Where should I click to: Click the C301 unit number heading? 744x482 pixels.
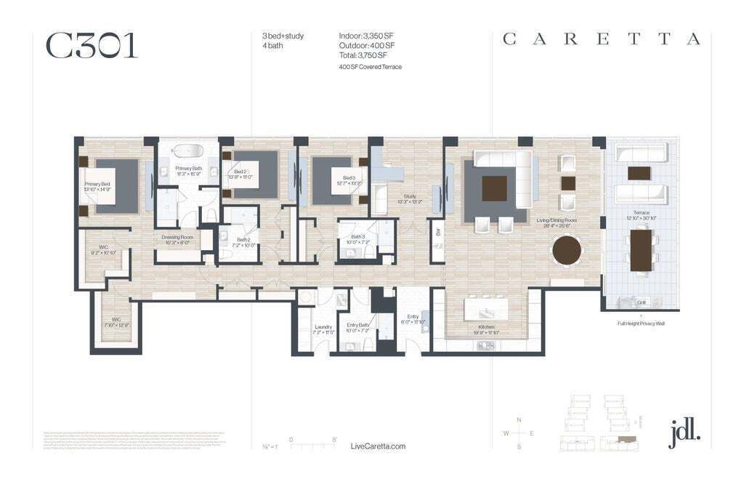(92, 45)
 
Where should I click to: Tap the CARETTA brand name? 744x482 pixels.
(602, 39)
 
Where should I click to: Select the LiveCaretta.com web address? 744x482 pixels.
(377, 446)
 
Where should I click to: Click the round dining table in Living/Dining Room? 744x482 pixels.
(567, 251)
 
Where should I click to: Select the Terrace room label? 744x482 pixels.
(641, 213)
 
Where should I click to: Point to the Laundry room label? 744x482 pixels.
(323, 327)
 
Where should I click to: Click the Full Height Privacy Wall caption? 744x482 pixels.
(641, 323)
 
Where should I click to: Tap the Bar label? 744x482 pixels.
(437, 233)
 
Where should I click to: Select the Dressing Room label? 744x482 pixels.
(177, 237)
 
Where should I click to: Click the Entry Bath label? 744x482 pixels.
(359, 325)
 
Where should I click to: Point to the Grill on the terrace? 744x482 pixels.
(641, 302)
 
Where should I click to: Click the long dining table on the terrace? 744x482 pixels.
(641, 249)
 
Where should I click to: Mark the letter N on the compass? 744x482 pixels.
(518, 420)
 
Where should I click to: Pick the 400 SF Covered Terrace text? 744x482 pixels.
(370, 67)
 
